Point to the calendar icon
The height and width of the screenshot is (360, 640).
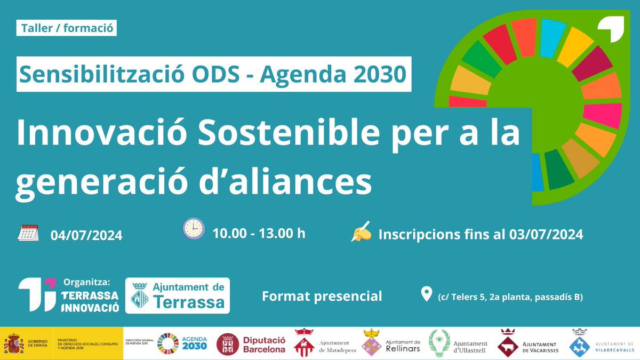[x=29, y=234]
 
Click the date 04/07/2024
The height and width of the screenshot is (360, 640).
[x=86, y=235]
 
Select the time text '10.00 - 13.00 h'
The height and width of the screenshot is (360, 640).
[x=259, y=233]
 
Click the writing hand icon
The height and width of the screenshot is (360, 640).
[x=361, y=233]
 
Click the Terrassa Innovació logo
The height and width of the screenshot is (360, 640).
[x=68, y=295]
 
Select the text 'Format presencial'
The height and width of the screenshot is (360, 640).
[x=322, y=296]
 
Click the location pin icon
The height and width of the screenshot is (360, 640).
[x=426, y=294]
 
